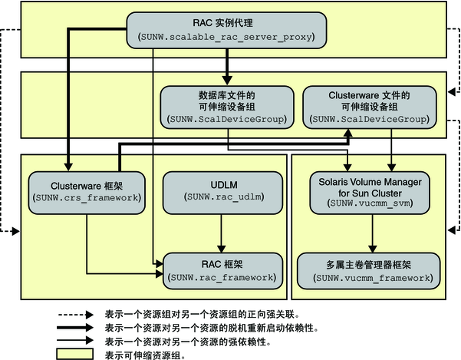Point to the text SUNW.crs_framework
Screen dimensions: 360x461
[85, 197]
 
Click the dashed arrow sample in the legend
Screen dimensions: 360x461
[77, 314]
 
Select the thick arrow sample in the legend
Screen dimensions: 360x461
[77, 327]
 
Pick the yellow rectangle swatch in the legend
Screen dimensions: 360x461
[77, 354]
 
